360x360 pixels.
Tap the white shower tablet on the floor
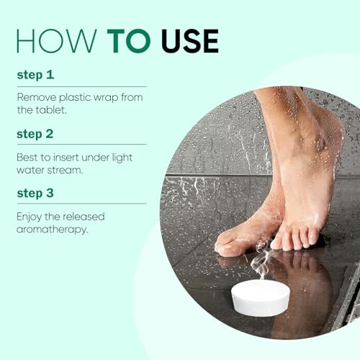[x=260, y=296]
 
